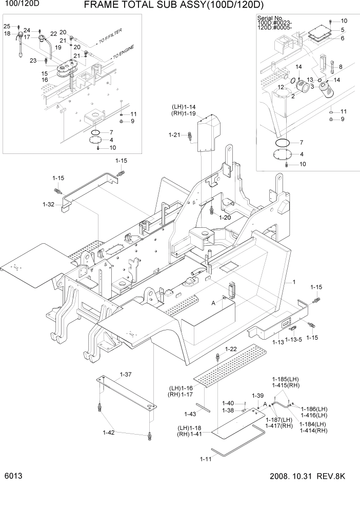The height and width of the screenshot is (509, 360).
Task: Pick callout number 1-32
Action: (x=48, y=204)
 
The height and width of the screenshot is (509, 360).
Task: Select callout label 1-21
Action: (x=174, y=135)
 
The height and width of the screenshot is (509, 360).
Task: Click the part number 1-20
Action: (x=226, y=218)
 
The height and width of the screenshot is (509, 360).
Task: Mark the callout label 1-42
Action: (x=109, y=433)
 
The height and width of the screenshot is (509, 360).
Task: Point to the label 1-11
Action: (x=205, y=459)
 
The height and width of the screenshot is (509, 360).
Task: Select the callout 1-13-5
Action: (x=294, y=340)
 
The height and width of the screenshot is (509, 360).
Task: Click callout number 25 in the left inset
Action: (x=7, y=26)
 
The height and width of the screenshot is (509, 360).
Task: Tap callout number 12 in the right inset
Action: (x=281, y=87)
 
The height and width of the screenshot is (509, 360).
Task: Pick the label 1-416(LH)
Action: (x=314, y=415)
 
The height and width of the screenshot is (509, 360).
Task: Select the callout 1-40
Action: (x=228, y=403)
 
